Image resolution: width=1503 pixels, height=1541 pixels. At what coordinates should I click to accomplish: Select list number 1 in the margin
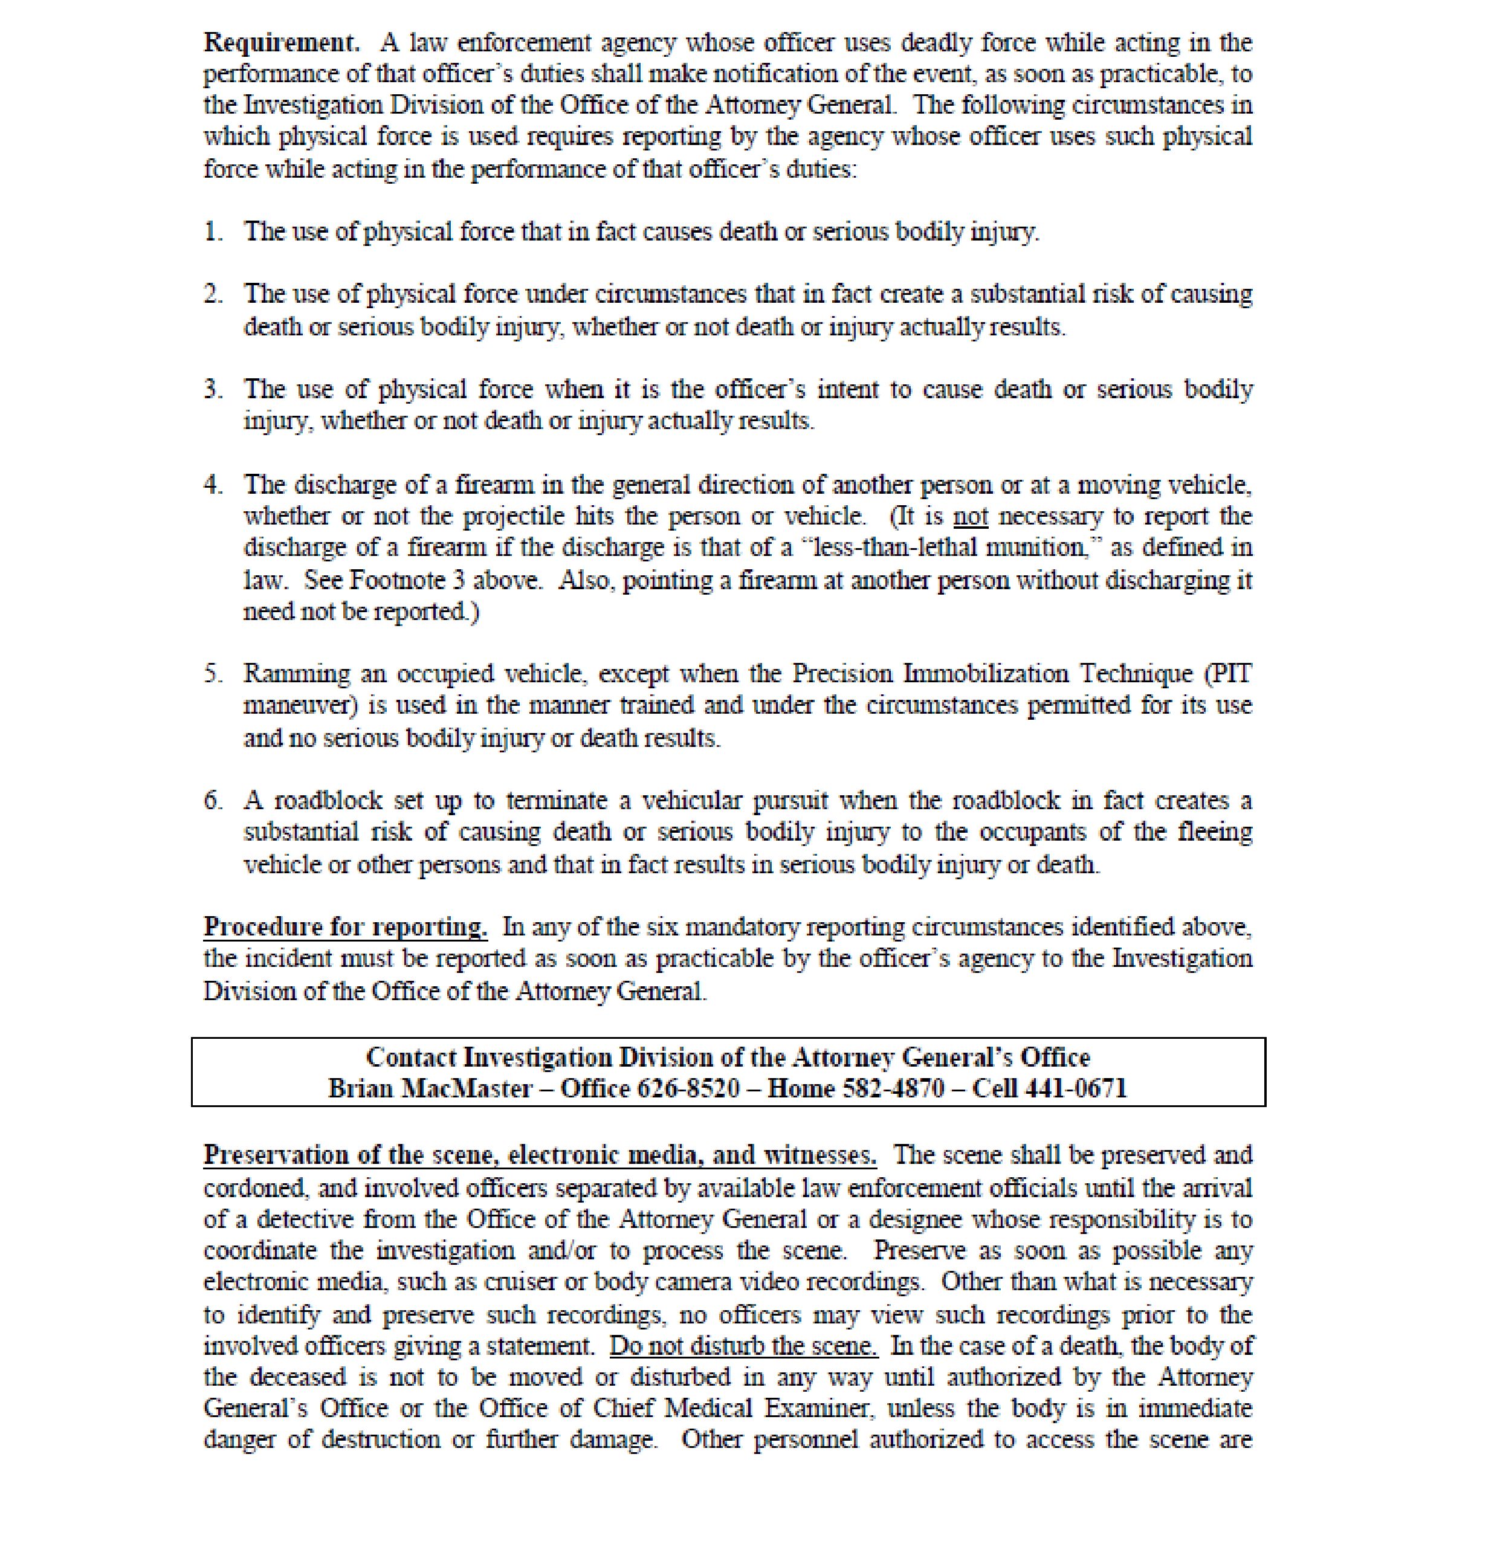coord(212,231)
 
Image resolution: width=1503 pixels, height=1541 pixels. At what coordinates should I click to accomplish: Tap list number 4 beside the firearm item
coord(212,484)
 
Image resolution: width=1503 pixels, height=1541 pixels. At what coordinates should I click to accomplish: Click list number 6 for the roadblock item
coord(212,801)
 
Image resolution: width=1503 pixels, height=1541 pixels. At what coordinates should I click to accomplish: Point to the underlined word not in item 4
coord(970,516)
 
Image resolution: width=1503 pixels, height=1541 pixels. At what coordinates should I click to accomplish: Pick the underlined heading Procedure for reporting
coord(345,927)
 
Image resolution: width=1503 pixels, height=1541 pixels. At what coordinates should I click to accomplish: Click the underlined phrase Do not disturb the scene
coord(743,1345)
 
